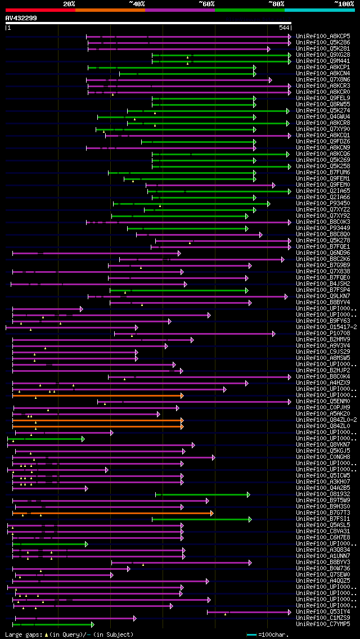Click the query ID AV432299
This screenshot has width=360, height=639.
click(x=21, y=18)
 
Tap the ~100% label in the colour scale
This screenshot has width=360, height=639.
click(x=344, y=3)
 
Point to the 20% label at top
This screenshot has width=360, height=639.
click(x=69, y=3)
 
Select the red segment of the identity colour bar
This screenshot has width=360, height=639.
click(x=40, y=10)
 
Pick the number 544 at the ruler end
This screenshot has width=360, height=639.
click(x=284, y=28)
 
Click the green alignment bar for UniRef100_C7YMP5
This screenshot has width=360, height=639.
click(x=53, y=624)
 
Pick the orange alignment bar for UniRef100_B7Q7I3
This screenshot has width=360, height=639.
click(x=112, y=513)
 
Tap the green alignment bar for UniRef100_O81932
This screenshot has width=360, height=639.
click(x=202, y=494)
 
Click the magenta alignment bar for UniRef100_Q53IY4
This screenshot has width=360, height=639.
click(x=248, y=611)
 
